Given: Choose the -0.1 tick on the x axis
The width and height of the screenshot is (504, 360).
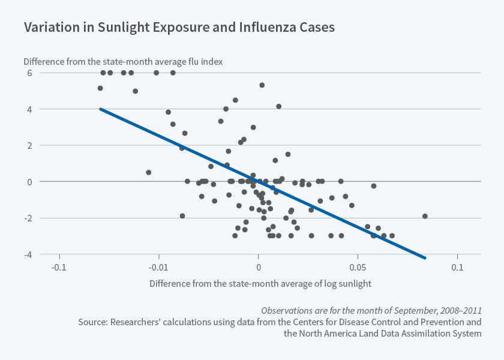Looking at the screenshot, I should pos(59,266).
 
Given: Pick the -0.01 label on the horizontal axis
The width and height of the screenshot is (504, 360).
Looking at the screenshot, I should pos(158,266).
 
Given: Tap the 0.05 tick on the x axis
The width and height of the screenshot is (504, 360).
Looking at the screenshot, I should pos(358,266).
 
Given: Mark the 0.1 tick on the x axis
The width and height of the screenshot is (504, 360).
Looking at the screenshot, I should pos(457,266).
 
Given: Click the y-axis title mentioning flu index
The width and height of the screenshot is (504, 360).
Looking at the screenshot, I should pos(124,61).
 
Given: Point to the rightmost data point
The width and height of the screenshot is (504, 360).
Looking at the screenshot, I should pos(425,216).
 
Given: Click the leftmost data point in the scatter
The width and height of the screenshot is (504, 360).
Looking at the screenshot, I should pos(100,88).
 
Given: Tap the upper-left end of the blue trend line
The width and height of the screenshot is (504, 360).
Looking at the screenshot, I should pos(100,109).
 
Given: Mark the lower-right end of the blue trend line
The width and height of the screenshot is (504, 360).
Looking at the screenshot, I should pos(425,258).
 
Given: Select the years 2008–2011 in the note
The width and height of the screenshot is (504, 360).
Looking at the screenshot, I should pos(455,310).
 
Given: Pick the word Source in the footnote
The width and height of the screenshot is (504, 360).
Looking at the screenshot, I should pos(92,322).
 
